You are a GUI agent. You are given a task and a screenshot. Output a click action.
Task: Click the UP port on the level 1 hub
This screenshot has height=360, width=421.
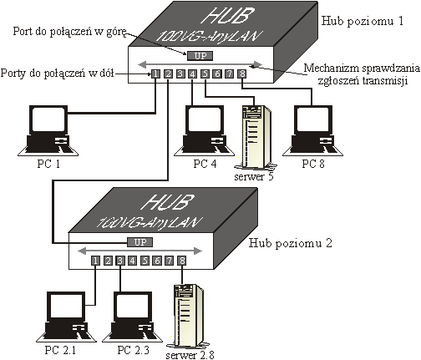(200, 56)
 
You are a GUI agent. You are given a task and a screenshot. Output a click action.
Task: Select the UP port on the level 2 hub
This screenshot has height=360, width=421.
(140, 242)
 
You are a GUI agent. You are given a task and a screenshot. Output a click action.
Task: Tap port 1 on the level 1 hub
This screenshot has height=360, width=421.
(155, 74)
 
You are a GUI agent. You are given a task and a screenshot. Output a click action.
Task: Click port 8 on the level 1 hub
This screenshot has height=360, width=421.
(242, 74)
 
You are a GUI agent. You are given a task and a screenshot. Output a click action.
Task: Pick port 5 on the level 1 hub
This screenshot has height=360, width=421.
(205, 74)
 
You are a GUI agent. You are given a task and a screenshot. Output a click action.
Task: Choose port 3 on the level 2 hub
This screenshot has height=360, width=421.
(120, 261)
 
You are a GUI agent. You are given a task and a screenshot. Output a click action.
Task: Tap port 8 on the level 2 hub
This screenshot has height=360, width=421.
(182, 261)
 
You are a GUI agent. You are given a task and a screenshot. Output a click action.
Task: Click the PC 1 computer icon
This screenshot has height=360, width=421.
(48, 130)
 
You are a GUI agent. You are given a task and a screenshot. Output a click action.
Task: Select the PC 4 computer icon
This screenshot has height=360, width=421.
(204, 130)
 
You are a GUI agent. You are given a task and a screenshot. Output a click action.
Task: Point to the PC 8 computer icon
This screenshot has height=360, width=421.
(312, 130)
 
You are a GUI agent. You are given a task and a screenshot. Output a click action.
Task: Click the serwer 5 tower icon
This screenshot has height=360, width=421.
(256, 138)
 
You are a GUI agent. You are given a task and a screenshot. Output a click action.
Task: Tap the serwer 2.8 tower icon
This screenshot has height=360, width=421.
(188, 317)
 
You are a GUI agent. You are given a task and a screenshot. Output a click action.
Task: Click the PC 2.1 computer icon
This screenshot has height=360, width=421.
(66, 317)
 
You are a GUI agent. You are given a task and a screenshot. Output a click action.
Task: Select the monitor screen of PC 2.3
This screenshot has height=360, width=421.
(134, 306)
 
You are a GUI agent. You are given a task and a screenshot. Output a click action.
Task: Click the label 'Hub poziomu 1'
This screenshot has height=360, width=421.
(363, 21)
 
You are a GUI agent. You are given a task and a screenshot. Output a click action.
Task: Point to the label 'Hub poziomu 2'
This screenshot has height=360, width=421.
(291, 243)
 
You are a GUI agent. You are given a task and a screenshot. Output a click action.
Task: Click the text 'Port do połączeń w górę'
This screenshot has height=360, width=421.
(69, 32)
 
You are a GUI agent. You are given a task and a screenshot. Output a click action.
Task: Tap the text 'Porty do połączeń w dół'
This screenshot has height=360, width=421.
(57, 74)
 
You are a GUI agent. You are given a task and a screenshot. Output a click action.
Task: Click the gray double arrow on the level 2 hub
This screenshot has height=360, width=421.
(140, 251)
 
